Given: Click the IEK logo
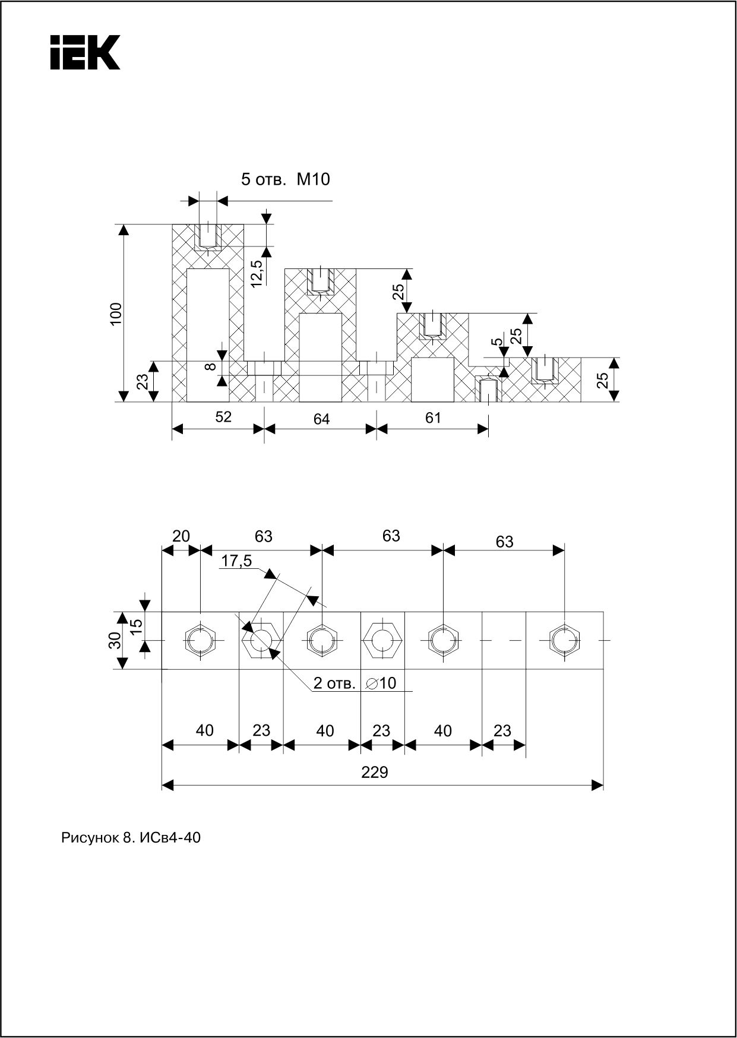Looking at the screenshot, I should tap(85, 52).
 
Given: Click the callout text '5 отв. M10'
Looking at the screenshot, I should tap(284, 179).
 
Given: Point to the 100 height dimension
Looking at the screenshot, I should tap(116, 313).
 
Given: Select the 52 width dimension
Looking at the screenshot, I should tap(223, 417).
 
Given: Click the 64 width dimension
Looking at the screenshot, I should tap(321, 419).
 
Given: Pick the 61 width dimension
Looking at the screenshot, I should tap(434, 418).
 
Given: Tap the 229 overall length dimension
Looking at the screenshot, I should tap(374, 772).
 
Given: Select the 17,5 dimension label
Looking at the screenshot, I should tap(236, 561).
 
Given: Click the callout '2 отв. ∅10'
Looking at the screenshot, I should tap(355, 683).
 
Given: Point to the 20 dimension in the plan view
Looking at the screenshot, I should tap(181, 536).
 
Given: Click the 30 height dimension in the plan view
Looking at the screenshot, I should tap(116, 640).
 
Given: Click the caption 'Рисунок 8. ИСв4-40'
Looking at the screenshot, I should tap(131, 838).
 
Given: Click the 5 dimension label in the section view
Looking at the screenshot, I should tap(497, 341).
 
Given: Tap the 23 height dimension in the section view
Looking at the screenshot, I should tap(143, 381).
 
